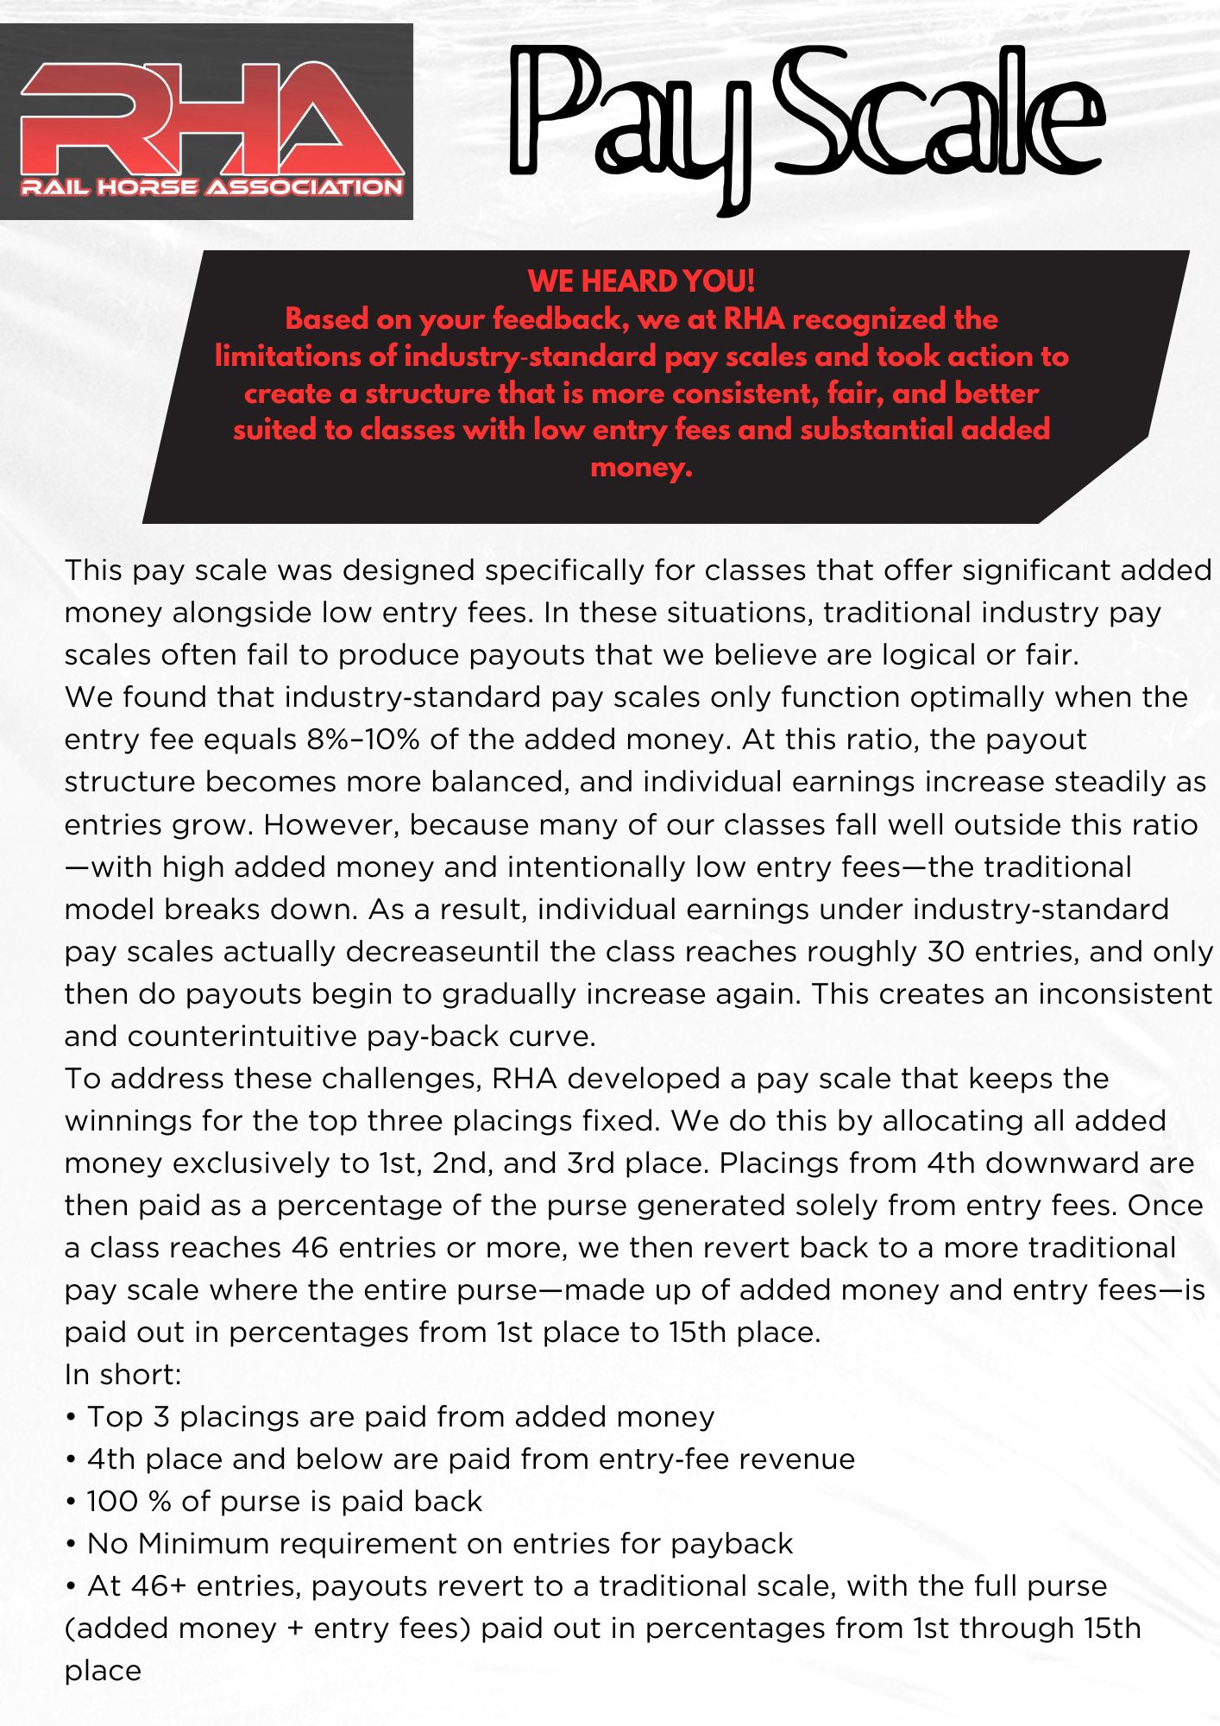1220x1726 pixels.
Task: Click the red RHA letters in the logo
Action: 211,119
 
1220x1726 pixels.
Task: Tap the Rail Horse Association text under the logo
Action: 211,187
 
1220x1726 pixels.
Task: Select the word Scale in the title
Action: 940,112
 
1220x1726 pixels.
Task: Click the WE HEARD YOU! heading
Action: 641,281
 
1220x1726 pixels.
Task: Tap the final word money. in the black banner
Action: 641,468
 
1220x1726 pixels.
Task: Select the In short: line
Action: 123,1375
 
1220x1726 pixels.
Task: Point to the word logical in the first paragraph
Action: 928,655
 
